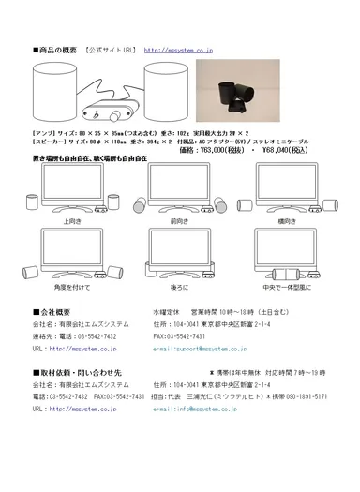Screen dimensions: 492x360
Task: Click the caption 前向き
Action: click(x=179, y=222)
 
